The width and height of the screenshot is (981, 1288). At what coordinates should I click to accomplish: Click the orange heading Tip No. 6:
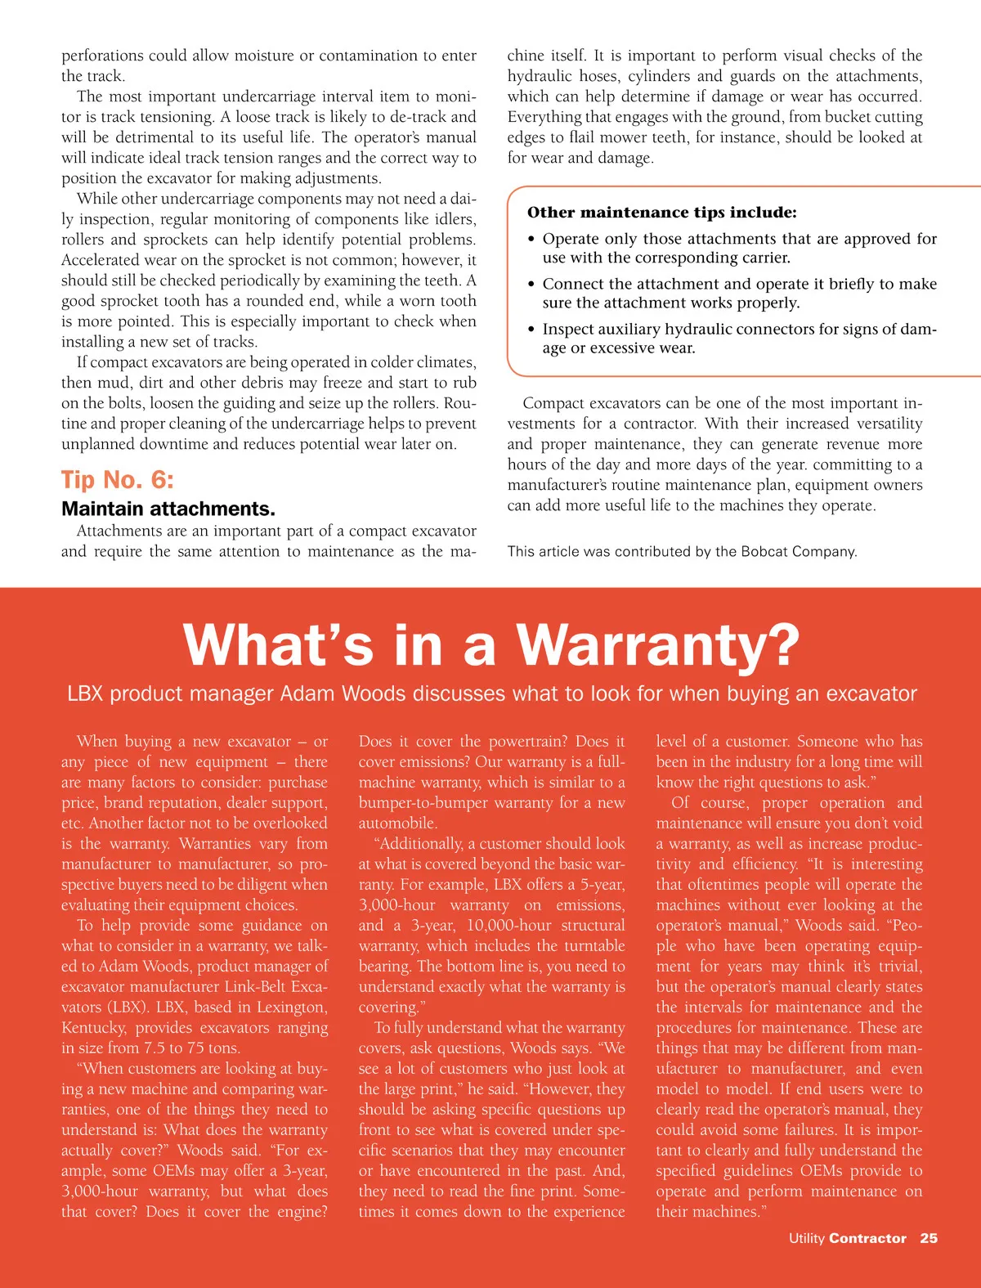[x=118, y=479]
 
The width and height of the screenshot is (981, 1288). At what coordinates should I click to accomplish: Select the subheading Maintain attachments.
[x=168, y=509]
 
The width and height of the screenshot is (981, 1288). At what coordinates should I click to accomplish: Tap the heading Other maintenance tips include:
[x=661, y=213]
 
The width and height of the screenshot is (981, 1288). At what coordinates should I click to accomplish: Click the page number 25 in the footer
[x=929, y=1238]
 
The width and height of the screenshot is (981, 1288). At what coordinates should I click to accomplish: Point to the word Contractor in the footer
[x=867, y=1238]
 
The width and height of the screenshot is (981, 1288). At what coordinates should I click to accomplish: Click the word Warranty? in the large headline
[x=657, y=645]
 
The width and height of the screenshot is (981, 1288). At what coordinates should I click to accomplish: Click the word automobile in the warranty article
[x=397, y=824]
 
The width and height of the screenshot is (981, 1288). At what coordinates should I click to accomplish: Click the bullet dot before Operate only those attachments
[x=531, y=240]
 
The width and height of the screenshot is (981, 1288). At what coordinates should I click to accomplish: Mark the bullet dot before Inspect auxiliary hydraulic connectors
[x=531, y=330]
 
